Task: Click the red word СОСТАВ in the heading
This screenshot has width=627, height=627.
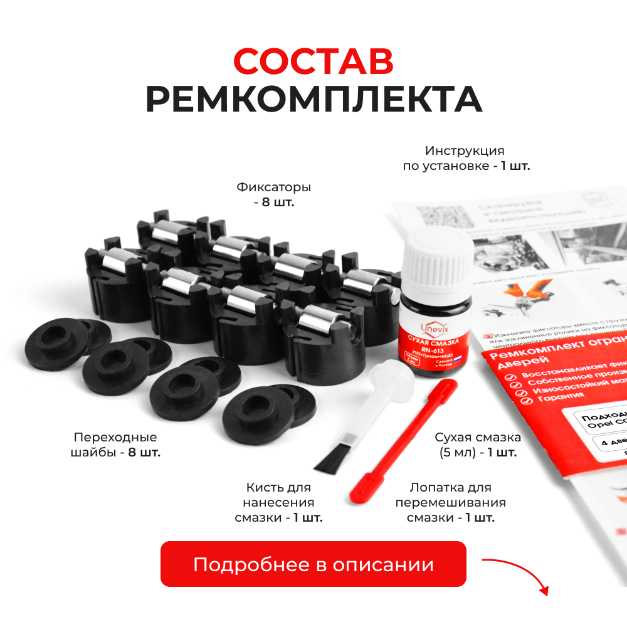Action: (313, 61)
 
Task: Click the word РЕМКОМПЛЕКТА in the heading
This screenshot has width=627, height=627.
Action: (313, 99)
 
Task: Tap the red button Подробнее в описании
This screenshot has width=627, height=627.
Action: (313, 564)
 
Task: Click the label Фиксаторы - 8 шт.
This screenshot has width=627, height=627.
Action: (273, 195)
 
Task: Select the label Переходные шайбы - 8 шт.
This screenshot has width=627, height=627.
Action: (116, 445)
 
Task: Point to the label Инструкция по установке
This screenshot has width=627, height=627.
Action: (465, 159)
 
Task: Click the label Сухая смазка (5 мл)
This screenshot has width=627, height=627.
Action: (477, 445)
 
